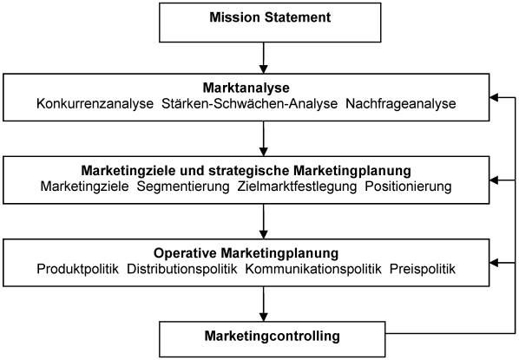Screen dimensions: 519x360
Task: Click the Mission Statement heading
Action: [x=270, y=17]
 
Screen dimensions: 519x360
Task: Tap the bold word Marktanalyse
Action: [x=246, y=88]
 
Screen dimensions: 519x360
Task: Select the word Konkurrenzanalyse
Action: [x=95, y=104]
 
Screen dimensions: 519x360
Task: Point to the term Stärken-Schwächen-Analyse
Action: [x=250, y=104]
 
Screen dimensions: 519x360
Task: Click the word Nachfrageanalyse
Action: [x=401, y=104]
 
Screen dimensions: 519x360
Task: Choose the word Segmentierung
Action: [x=183, y=187]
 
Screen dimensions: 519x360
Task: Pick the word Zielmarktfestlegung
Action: [x=297, y=187]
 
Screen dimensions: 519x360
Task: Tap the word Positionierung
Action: [x=408, y=187]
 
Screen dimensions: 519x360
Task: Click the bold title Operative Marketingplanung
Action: [x=246, y=253]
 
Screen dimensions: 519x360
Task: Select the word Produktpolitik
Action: [x=77, y=269]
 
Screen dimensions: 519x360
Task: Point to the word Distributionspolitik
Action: [x=182, y=269]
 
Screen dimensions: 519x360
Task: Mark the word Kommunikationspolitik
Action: [x=313, y=269]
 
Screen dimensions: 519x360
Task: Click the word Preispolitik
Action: [x=423, y=269]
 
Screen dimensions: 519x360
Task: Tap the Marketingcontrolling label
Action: [x=272, y=336]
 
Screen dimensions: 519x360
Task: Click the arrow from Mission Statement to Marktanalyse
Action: [x=264, y=58]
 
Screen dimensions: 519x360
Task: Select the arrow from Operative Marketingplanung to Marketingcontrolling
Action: [x=264, y=304]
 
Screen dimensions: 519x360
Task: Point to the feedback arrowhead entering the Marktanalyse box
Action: [x=494, y=98]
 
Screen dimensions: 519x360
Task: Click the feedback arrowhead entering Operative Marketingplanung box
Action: [x=494, y=263]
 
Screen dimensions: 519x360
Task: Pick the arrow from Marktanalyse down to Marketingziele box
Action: [x=264, y=139]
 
